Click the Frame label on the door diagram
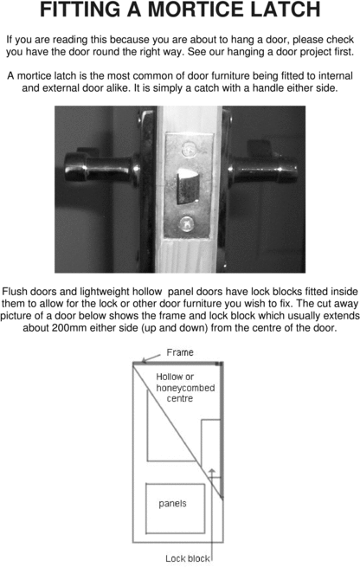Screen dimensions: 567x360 [179, 352]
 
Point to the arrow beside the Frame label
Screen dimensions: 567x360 [151, 354]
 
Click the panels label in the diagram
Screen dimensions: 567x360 [172, 502]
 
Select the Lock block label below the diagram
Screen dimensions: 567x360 [187, 558]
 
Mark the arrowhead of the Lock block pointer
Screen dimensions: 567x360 [210, 472]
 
